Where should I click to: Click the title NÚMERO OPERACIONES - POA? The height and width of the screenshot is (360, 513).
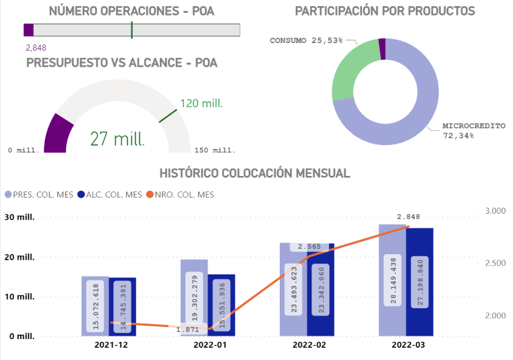click(x=131, y=11)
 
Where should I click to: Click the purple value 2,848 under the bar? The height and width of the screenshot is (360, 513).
click(x=36, y=47)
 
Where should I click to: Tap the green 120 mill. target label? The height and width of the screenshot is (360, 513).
click(x=202, y=103)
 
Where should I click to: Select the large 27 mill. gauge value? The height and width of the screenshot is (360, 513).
click(x=117, y=139)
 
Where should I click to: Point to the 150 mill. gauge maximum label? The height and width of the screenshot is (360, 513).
click(x=215, y=150)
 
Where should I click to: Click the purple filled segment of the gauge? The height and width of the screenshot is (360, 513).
click(x=57, y=133)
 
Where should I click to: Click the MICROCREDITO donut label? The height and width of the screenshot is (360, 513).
click(x=473, y=126)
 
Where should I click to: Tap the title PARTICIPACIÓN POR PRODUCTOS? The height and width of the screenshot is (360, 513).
click(x=385, y=11)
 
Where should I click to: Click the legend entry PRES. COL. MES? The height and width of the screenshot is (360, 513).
click(x=40, y=195)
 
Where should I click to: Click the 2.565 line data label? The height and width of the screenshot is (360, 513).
click(x=310, y=246)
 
